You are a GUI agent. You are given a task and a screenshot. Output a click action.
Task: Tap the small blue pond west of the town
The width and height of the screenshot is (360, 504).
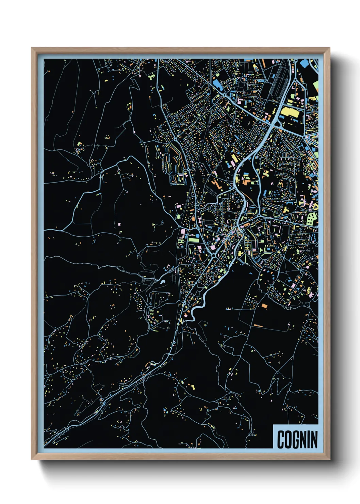(163, 282)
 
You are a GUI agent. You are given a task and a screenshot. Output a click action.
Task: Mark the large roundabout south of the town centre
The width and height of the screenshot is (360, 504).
(213, 255)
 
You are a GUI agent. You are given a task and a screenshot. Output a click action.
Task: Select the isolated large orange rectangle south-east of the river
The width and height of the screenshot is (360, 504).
(264, 305)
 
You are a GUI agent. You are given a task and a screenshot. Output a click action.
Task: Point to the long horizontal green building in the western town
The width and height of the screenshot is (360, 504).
(193, 240)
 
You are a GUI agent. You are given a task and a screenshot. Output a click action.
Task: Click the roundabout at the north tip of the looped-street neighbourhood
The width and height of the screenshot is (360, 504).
(176, 140)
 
